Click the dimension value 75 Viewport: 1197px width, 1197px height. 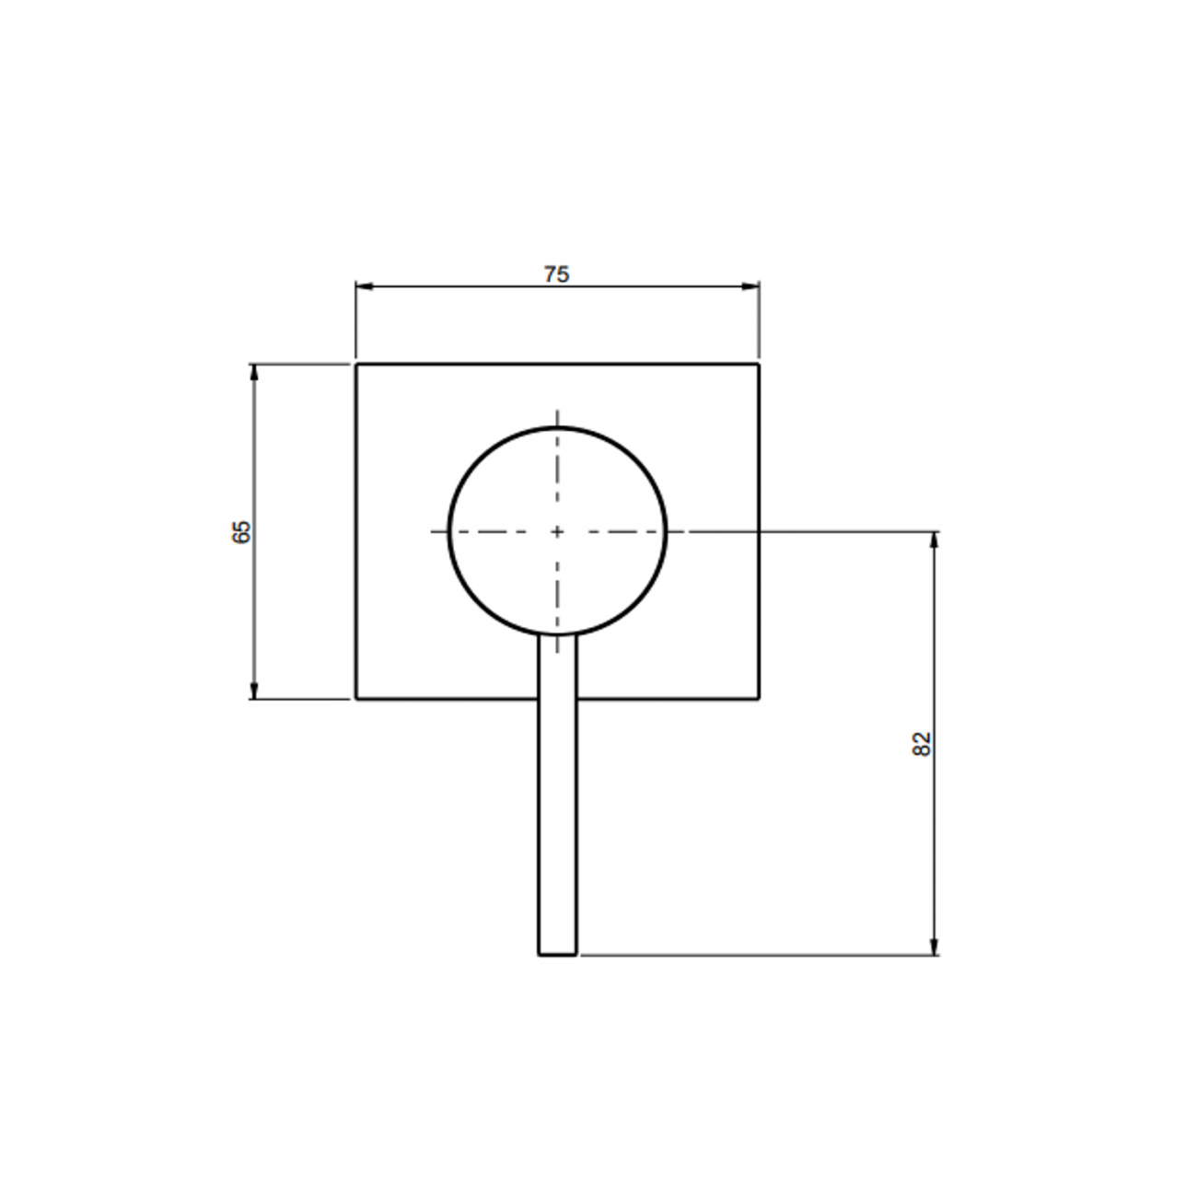pyautogui.click(x=556, y=273)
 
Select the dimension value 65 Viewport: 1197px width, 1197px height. pyautogui.click(x=241, y=531)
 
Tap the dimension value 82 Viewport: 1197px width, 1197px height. pyautogui.click(x=922, y=744)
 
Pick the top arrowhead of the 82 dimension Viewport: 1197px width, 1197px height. pyautogui.click(x=936, y=540)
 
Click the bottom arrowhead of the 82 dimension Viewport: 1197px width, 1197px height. pyautogui.click(x=936, y=947)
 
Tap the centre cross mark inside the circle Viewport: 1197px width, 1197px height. pyautogui.click(x=557, y=531)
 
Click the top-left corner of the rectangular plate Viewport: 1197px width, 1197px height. pyautogui.click(x=356, y=365)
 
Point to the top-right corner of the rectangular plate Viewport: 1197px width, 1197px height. pyautogui.click(x=759, y=365)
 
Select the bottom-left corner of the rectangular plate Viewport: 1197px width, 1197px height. pyautogui.click(x=356, y=699)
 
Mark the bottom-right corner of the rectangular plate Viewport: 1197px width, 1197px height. pyautogui.click(x=759, y=699)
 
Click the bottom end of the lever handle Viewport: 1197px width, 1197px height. pyautogui.click(x=557, y=954)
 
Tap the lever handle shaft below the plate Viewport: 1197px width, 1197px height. pyautogui.click(x=557, y=829)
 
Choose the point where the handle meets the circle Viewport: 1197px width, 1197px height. pyautogui.click(x=557, y=635)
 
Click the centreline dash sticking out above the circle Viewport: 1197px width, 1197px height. pyautogui.click(x=557, y=416)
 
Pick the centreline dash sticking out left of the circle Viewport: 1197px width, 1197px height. pyautogui.click(x=438, y=531)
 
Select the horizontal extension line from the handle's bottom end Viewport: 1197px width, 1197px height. pyautogui.click(x=755, y=955)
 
